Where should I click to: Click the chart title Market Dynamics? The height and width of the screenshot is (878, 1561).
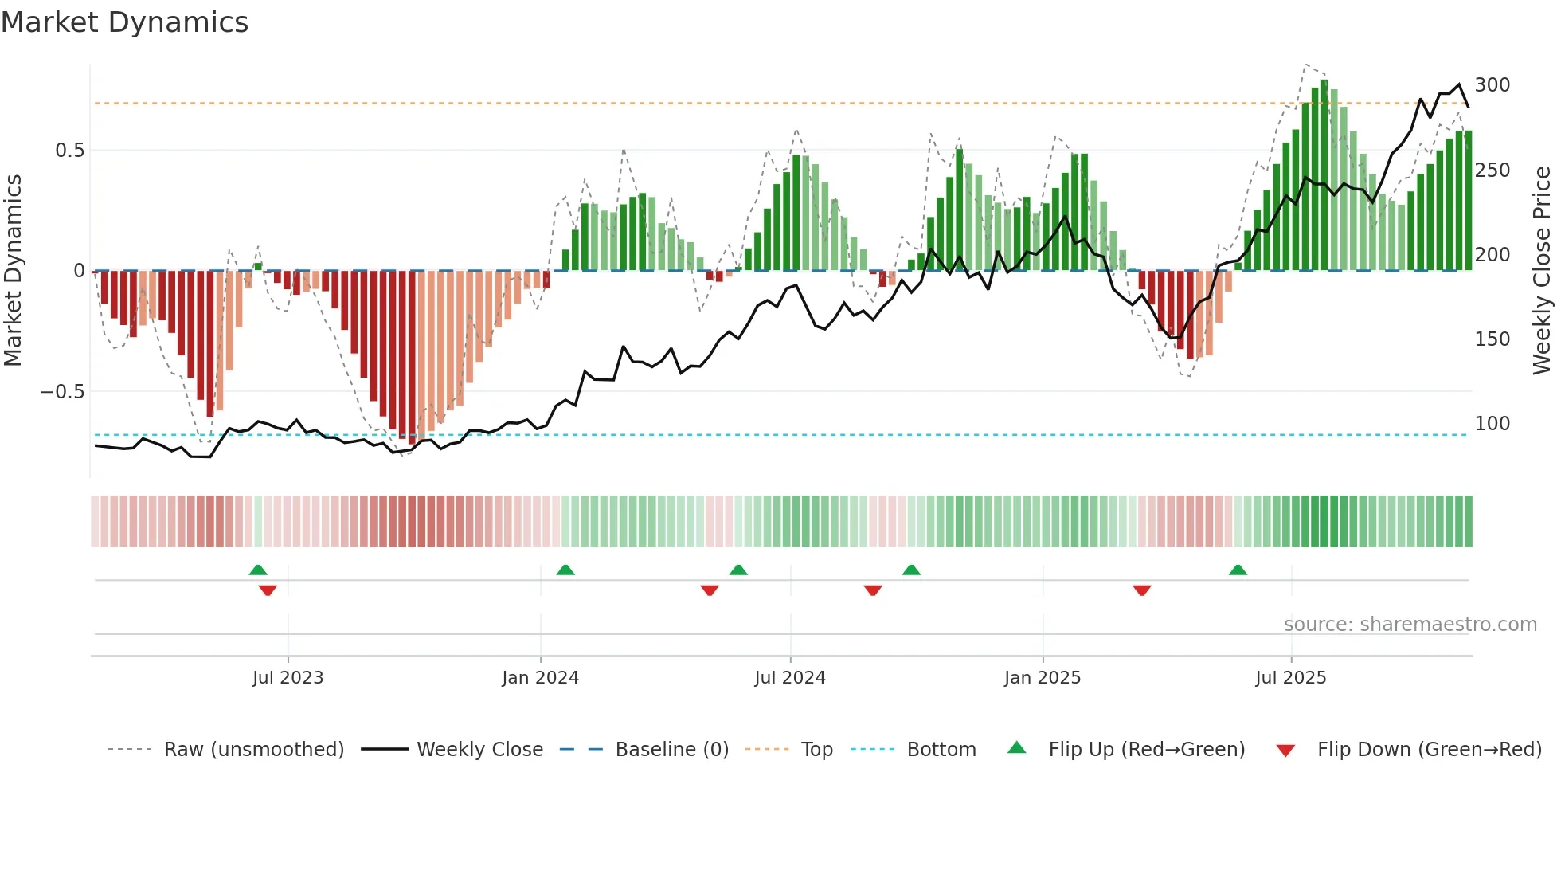pyautogui.click(x=125, y=22)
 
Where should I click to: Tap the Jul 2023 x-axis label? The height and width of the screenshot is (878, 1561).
pyautogui.click(x=288, y=678)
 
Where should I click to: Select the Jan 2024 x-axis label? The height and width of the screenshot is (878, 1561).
pyautogui.click(x=540, y=678)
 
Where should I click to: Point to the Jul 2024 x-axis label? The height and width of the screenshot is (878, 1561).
pyautogui.click(x=789, y=678)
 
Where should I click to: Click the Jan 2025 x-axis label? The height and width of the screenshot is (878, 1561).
pyautogui.click(x=1042, y=678)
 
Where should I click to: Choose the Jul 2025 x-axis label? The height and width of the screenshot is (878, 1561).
pyautogui.click(x=1290, y=678)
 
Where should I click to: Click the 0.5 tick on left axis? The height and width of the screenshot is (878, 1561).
pyautogui.click(x=69, y=151)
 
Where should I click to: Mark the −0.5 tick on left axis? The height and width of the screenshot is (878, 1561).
pyautogui.click(x=63, y=392)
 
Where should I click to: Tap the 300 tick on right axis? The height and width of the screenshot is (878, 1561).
pyautogui.click(x=1492, y=85)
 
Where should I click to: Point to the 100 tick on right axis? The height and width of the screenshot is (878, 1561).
pyautogui.click(x=1492, y=424)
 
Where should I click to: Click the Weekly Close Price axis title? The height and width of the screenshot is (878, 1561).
pyautogui.click(x=1542, y=271)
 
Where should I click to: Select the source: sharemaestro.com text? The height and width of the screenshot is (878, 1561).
pyautogui.click(x=1410, y=625)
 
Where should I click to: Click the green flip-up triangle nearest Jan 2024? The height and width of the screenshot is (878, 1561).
pyautogui.click(x=565, y=570)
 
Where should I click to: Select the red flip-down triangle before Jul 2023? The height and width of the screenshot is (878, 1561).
pyautogui.click(x=268, y=590)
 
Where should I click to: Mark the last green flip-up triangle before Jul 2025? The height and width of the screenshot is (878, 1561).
pyautogui.click(x=1237, y=570)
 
